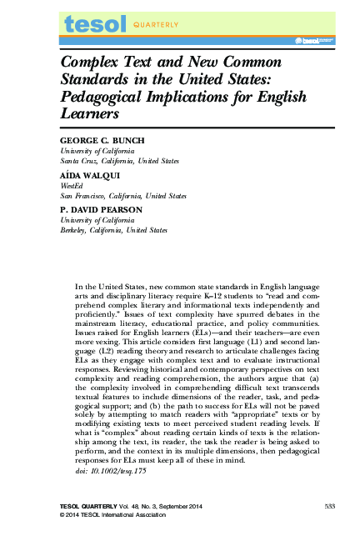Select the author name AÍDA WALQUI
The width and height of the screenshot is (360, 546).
[x=88, y=176]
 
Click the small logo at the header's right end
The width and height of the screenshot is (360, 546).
[x=311, y=38]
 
